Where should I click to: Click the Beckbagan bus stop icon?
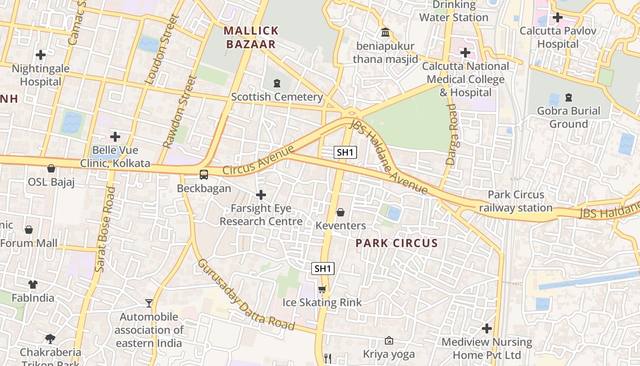(204, 174)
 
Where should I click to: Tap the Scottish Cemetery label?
(277, 97)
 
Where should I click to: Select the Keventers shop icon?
(341, 212)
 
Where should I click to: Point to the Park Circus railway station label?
(516, 201)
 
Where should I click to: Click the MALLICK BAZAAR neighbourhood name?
(251, 38)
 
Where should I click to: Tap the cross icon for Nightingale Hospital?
(41, 55)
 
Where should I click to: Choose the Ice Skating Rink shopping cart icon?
(322, 289)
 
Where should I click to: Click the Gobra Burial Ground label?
(569, 118)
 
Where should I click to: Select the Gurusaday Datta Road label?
(245, 295)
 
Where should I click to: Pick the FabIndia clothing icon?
(33, 285)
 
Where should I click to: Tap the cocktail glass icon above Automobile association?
(149, 303)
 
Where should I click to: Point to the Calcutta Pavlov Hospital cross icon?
(557, 18)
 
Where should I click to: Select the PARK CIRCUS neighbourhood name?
(397, 243)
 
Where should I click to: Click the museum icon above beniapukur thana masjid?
(385, 33)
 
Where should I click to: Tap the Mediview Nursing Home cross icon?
(487, 328)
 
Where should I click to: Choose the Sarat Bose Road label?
(104, 230)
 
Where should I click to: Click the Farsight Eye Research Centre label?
(261, 215)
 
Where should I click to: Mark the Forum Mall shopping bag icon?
(29, 229)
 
